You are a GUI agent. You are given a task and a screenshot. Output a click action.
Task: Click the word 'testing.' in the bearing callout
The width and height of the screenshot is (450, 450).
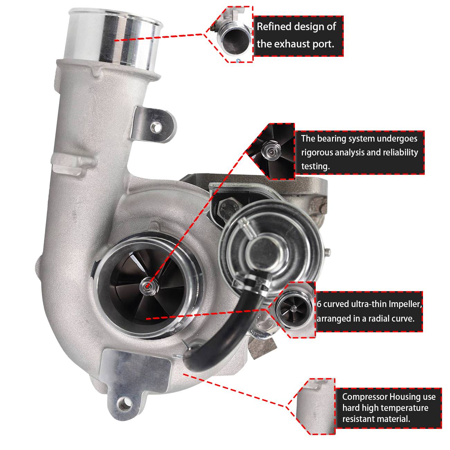[315, 166]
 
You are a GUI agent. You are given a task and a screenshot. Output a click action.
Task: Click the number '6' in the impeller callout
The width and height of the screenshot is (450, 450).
[319, 304]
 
